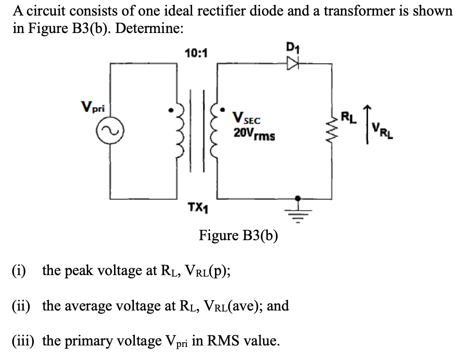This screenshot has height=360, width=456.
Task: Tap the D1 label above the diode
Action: (293, 49)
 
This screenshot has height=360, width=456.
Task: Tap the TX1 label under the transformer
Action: (195, 209)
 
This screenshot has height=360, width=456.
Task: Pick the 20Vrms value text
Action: (254, 134)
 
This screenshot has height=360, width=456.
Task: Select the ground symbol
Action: (298, 206)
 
